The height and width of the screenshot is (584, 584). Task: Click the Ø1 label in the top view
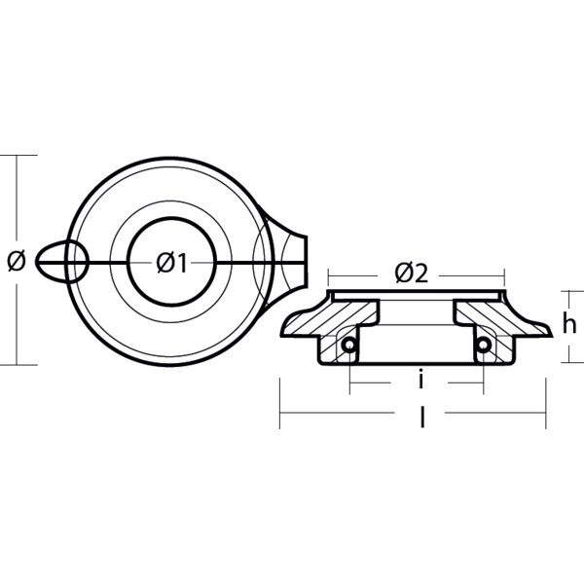click(171, 261)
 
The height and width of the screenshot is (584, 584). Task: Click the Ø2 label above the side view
click(412, 274)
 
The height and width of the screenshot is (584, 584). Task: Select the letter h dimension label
click(569, 325)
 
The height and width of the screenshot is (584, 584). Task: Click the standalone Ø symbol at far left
click(15, 260)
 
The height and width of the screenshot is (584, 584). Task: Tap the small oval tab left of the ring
click(62, 261)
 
